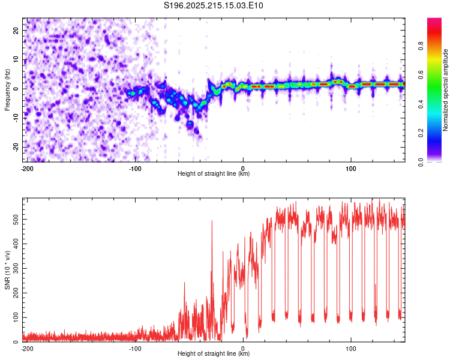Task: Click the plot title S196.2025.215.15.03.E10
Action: [213, 5]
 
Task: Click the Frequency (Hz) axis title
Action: [7, 90]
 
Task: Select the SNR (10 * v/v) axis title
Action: [7, 270]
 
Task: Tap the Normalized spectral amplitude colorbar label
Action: [445, 90]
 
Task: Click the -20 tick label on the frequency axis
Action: [16, 147]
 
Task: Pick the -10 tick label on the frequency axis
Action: [16, 118]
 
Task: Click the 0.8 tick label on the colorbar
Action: [421, 46]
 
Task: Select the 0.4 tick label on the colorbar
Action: [421, 104]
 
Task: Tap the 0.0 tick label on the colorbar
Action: [421, 162]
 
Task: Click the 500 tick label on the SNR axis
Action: [16, 220]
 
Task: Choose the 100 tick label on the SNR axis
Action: [16, 317]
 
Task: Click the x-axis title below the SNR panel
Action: [214, 353]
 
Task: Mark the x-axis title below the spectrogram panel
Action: [214, 173]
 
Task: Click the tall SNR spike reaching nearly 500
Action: [212, 230]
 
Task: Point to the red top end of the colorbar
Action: [434, 19]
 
